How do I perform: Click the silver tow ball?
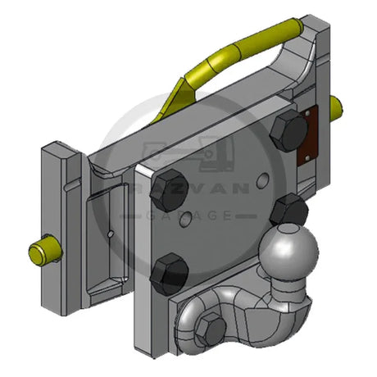[288, 252]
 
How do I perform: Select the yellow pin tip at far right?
[336, 109]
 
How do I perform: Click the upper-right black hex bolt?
[288, 130]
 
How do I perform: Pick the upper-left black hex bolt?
[169, 190]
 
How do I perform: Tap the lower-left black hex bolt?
[170, 274]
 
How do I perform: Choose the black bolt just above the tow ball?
[289, 209]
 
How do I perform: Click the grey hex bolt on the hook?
[211, 329]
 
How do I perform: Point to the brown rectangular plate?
[307, 136]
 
